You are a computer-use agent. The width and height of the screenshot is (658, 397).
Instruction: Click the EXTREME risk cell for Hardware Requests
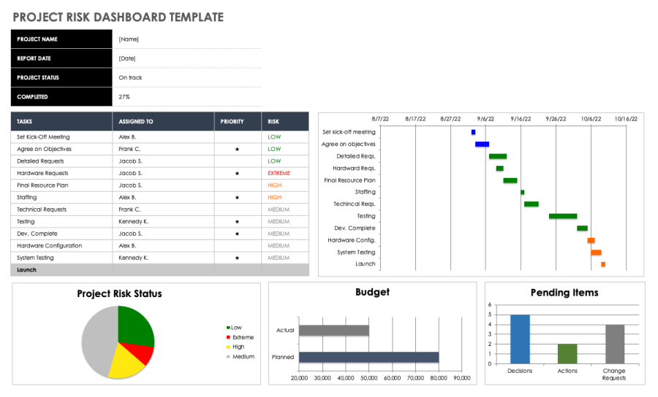pos(279,173)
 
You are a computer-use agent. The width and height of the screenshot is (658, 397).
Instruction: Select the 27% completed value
pos(125,96)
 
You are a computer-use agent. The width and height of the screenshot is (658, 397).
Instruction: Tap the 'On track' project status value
pos(130,77)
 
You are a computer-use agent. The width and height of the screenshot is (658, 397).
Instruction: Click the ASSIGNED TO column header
pos(136,122)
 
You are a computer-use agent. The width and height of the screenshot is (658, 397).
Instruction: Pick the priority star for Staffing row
pos(237,197)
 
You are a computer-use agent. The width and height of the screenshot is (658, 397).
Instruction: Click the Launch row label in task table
pos(26,270)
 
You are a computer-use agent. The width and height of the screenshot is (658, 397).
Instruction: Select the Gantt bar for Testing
pos(562,216)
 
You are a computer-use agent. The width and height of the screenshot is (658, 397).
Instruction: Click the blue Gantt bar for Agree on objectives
pos(482,144)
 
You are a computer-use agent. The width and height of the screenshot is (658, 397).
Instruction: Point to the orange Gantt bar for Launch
pos(603,264)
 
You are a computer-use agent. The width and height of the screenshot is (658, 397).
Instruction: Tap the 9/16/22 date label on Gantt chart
pos(521,118)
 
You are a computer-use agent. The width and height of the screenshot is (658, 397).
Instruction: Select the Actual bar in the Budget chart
pos(333,331)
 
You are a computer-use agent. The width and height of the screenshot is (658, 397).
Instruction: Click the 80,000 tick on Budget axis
pos(438,378)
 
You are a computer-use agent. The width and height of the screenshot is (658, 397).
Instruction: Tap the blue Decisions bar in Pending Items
pos(520,339)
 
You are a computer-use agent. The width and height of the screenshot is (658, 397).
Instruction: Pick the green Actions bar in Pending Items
pos(567,354)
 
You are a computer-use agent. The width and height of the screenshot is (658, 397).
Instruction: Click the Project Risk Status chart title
pos(119,294)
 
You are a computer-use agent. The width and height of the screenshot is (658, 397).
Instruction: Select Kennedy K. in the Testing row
pos(133,221)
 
